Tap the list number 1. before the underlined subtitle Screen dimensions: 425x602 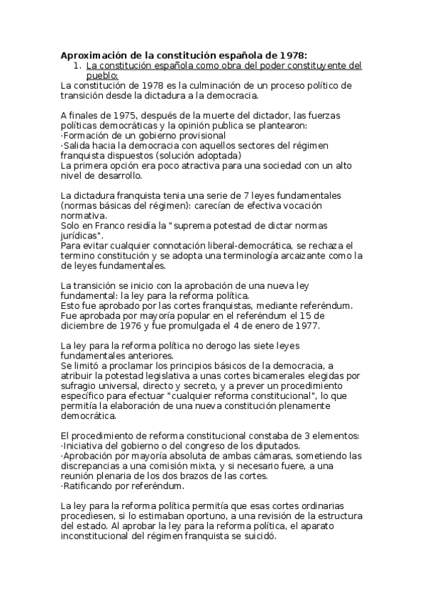tap(79, 65)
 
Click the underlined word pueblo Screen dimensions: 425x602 tap(102, 75)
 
